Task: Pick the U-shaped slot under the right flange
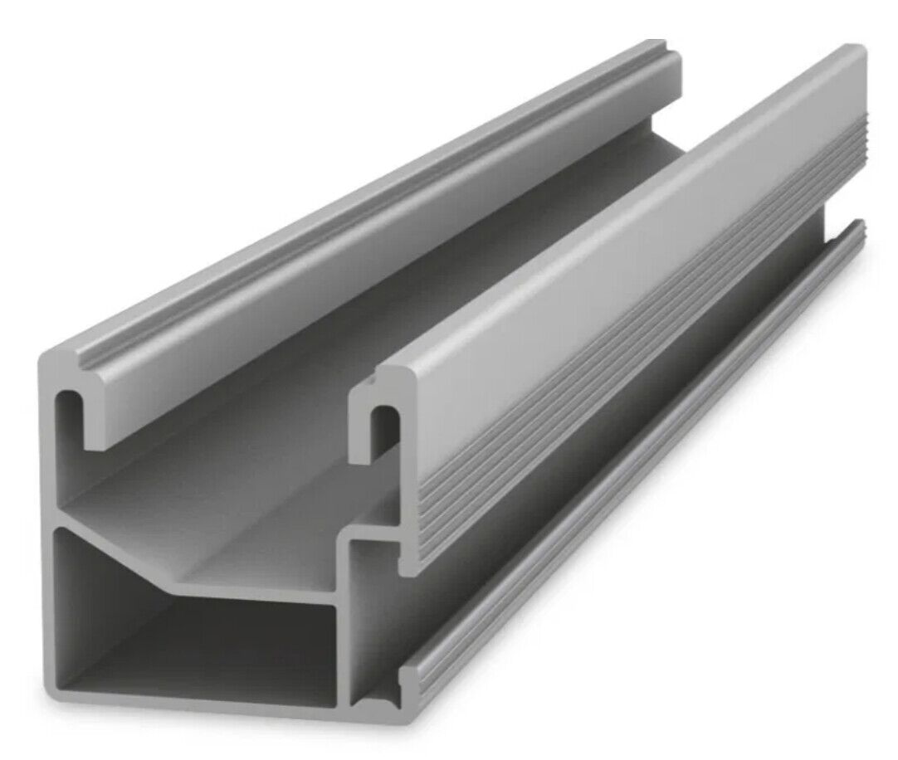coord(378,423)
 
